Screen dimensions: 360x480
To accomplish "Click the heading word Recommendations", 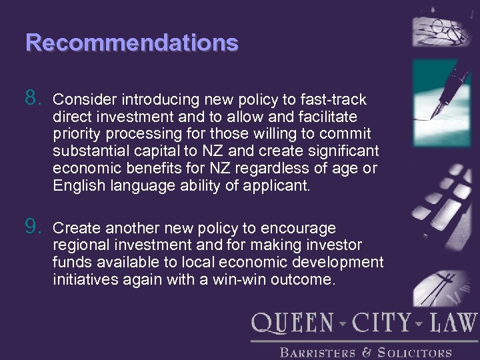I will click(131, 43).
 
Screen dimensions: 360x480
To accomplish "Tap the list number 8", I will click(33, 99).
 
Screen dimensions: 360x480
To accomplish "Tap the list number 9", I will click(33, 227).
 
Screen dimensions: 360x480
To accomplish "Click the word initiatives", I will click(85, 280).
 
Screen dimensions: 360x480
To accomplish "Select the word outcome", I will click(301, 280).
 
